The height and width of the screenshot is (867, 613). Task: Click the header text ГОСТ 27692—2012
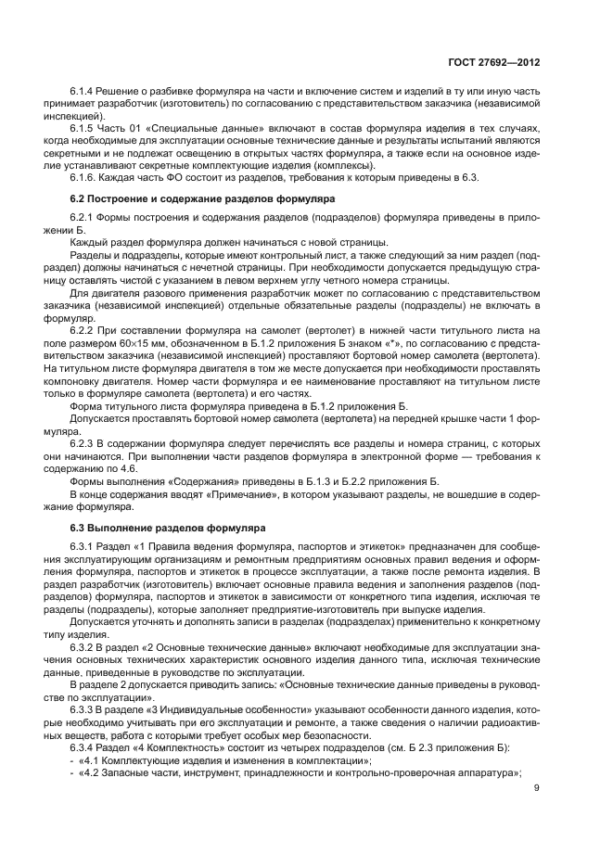tap(492, 61)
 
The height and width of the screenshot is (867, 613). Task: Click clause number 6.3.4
tap(83, 746)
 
